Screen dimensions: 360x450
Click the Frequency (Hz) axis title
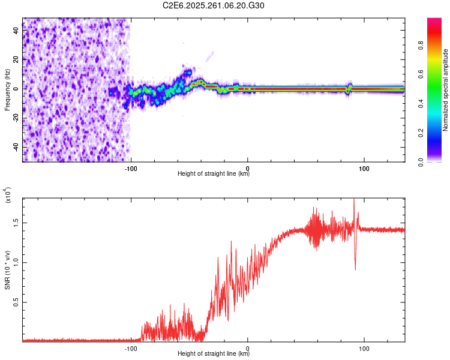click(7, 90)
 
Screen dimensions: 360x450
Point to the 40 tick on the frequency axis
click(16, 31)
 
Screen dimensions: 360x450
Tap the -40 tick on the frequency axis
click(16, 147)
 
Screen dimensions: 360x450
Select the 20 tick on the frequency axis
click(16, 60)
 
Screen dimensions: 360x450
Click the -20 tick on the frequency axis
click(16, 118)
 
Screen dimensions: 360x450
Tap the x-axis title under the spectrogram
click(214, 174)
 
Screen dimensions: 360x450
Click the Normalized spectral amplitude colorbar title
click(445, 90)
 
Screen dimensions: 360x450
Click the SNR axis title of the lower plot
click(7, 270)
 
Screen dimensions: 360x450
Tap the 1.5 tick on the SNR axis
click(16, 223)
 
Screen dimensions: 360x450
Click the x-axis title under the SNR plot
click(214, 354)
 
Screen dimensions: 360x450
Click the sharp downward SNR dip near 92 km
click(355, 269)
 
